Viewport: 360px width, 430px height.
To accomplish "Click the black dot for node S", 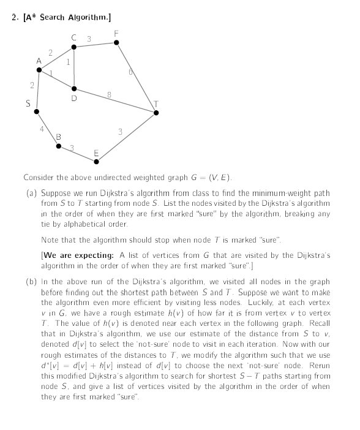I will pyautogui.click(x=36, y=111).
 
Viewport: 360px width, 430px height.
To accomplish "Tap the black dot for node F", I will pyautogui.click(x=116, y=42).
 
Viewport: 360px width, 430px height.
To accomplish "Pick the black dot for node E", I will pyautogui.click(x=96, y=162).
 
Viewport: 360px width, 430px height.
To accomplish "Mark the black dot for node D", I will pyautogui.click(x=74, y=88).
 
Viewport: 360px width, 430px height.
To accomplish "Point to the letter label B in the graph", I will pyautogui.click(x=58, y=136).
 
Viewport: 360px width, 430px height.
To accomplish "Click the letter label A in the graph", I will pyautogui.click(x=38, y=61).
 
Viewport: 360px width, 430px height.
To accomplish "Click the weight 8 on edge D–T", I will pyautogui.click(x=109, y=94).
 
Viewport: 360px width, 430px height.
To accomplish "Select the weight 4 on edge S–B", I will pyautogui.click(x=41, y=129).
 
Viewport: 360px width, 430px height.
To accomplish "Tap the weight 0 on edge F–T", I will pyautogui.click(x=130, y=72).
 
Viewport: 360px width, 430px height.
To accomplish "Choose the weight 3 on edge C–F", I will pyautogui.click(x=89, y=39).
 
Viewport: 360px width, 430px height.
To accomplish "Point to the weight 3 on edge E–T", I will pyautogui.click(x=120, y=131).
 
